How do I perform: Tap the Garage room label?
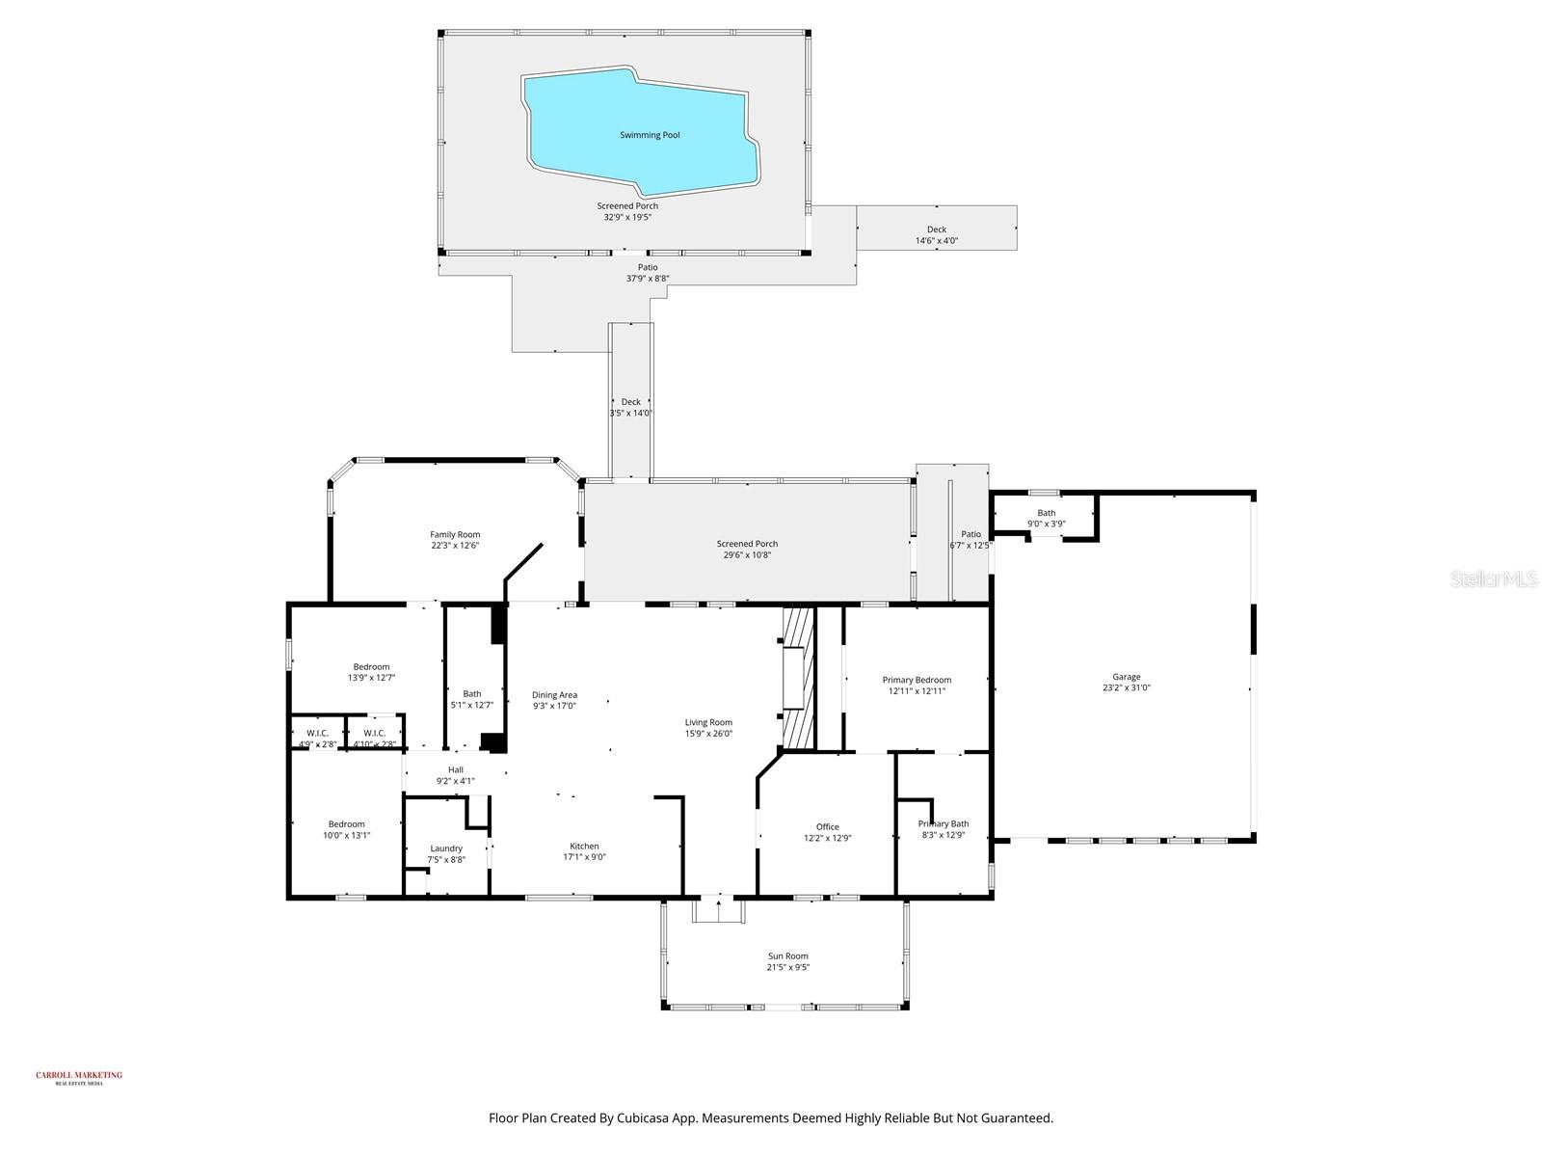coord(1127,677)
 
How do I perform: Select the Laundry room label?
coord(446,848)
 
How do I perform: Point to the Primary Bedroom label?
coord(917,680)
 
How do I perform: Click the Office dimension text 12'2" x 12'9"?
coord(827,838)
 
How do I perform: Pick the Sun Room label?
coord(787,956)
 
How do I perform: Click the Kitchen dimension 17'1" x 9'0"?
coord(584,857)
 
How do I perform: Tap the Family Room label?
coord(455,534)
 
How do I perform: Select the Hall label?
coord(455,769)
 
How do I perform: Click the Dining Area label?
coord(554,694)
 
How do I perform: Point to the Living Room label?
coord(708,722)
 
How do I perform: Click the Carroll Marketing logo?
coord(79,1077)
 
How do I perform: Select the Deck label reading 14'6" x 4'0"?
coord(936,240)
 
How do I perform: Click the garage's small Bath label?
coord(1046,513)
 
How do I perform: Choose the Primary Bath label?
coord(944,823)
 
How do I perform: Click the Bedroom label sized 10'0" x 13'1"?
coord(347,823)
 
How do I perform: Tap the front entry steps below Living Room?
coord(718,909)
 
